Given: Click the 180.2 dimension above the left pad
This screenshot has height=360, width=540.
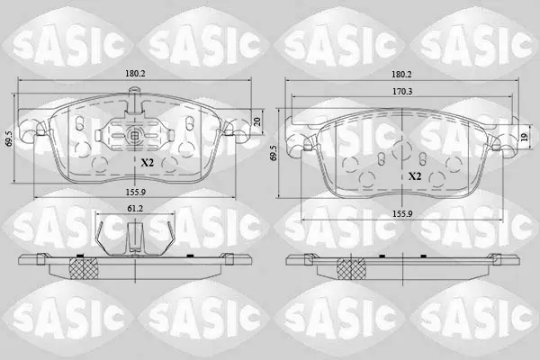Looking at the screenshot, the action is pos(135,74).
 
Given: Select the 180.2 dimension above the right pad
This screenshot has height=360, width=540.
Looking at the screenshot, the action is pos(401,74).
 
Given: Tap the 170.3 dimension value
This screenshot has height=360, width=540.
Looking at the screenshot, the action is pos(402,92).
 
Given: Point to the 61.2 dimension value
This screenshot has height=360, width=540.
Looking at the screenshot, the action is pos(135,208).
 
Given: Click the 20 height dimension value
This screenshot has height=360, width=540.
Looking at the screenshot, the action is pos(256,121).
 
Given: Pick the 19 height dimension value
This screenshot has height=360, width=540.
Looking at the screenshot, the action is pos(524,138).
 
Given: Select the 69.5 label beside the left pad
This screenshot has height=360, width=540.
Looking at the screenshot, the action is pos(9,139).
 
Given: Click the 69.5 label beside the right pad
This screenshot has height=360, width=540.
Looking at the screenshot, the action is pos(274,153).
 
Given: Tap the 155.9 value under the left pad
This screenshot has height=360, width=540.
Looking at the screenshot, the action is pos(136,192).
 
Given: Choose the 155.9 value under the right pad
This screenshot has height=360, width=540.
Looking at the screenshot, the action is pos(402,213).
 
